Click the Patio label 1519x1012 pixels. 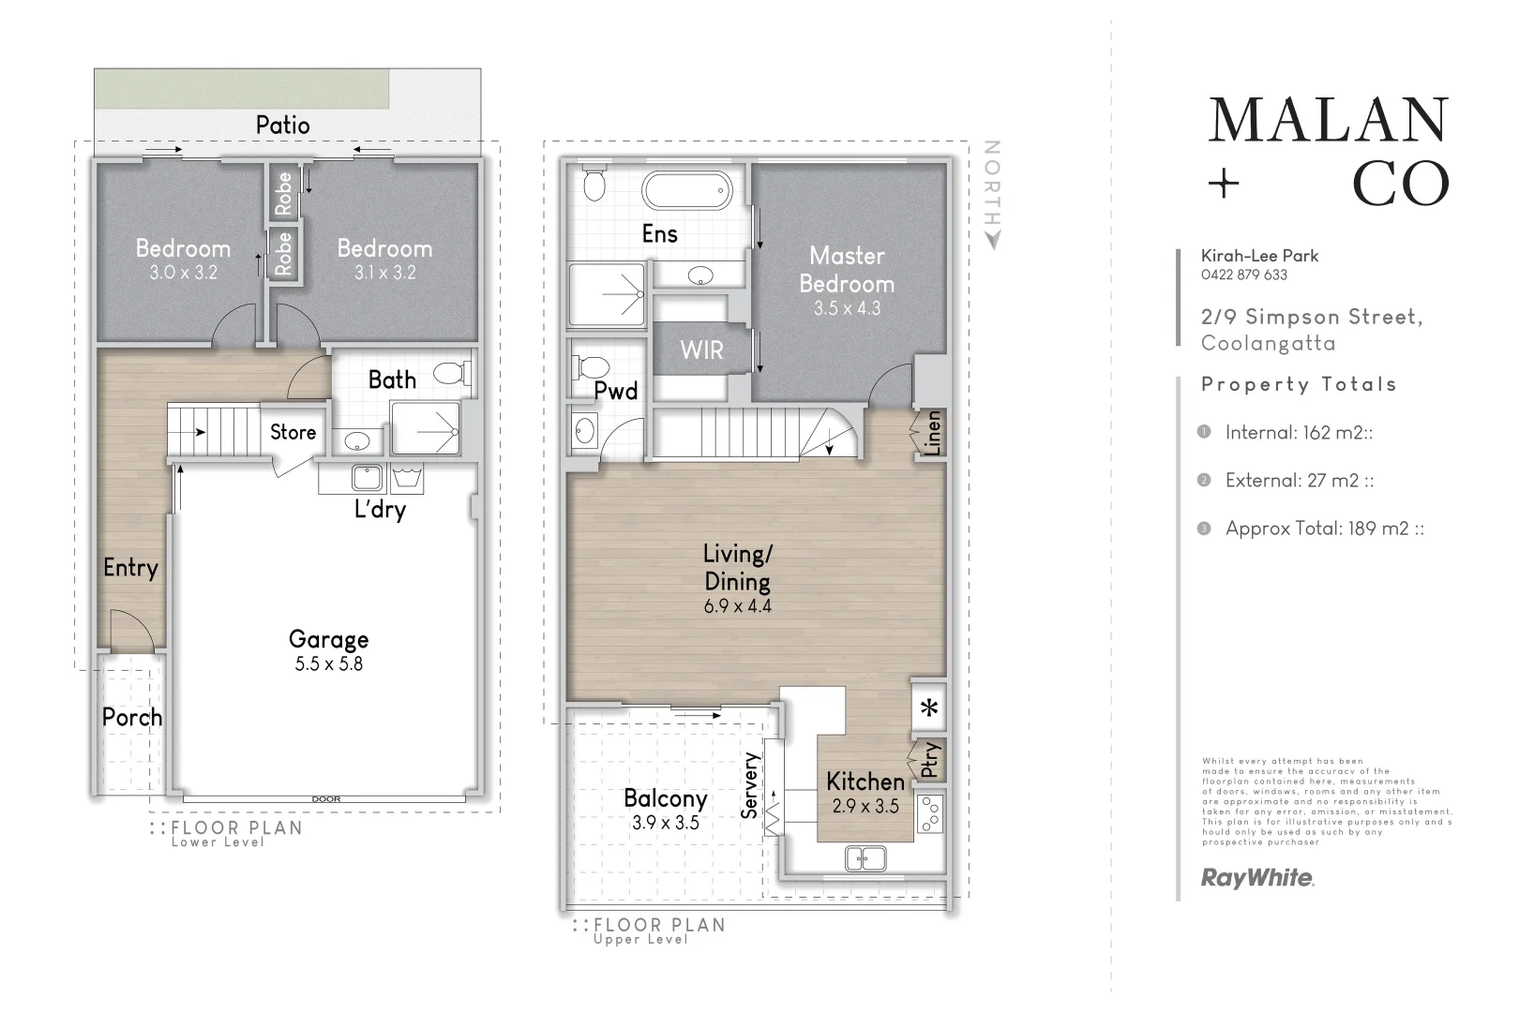(x=283, y=126)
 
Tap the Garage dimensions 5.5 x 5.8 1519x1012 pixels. (x=329, y=663)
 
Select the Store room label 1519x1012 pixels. (x=293, y=433)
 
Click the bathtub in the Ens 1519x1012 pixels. (x=687, y=190)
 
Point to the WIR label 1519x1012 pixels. (x=702, y=350)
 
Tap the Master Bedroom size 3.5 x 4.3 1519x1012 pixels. (x=847, y=308)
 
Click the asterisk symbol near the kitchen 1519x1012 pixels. (x=929, y=708)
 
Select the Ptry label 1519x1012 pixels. (x=930, y=759)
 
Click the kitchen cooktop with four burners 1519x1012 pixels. (x=930, y=813)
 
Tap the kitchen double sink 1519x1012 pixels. (x=865, y=859)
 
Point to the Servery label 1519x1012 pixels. (x=749, y=785)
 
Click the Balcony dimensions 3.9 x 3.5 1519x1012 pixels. (x=665, y=823)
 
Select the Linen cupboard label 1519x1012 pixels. (x=933, y=433)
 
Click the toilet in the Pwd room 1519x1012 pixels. (x=591, y=367)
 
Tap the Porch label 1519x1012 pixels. (x=132, y=717)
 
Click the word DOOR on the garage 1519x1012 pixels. (x=326, y=799)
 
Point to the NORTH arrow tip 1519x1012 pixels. (x=994, y=249)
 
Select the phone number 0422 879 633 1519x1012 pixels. (x=1243, y=275)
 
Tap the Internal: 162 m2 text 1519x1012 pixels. (x=1299, y=433)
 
